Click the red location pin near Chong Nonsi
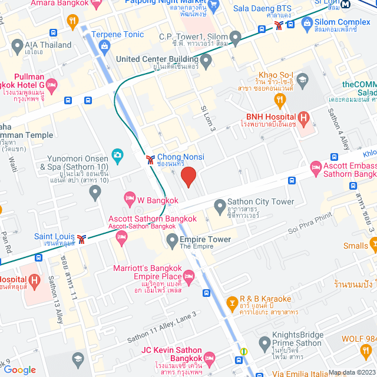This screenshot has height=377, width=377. coord(188,177)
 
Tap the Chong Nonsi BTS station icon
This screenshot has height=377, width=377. coord(151,159)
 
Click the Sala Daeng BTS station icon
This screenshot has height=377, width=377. coord(291,24)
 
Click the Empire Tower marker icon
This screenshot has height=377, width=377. coord(172,239)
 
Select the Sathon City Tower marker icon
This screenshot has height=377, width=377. coord(220,206)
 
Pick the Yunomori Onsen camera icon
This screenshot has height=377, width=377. coord(117,156)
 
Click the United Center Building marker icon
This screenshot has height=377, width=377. coord(206,59)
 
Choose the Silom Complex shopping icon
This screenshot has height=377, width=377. coord(306,24)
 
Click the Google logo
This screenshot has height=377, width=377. coord(21,369)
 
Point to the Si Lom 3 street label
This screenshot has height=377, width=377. coord(209,119)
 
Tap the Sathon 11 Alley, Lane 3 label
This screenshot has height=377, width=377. coord(161,335)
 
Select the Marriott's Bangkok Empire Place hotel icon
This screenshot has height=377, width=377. coord(189,276)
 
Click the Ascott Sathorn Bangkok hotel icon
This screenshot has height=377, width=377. coord(123,237)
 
